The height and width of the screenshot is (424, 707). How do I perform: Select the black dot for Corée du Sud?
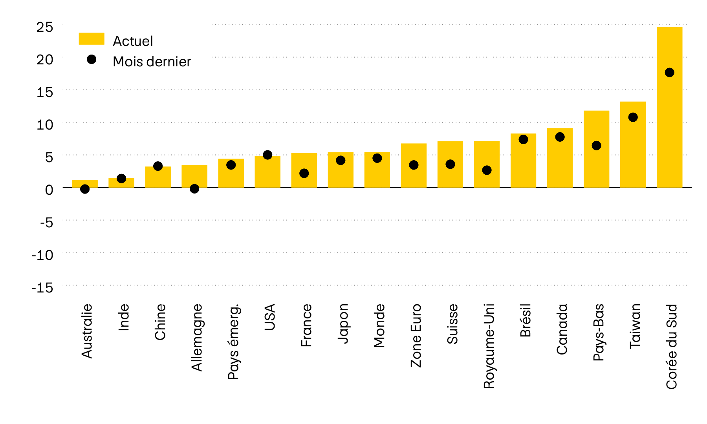[x=669, y=73]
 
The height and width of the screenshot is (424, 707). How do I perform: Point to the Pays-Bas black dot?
[x=596, y=146]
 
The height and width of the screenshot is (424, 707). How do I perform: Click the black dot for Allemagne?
[x=194, y=189]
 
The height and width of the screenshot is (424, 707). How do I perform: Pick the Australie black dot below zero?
[x=85, y=189]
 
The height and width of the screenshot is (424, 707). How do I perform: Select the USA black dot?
[x=267, y=155]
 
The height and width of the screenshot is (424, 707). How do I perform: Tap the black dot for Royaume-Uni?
[x=487, y=170]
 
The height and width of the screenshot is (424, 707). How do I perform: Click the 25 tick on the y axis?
[x=44, y=27]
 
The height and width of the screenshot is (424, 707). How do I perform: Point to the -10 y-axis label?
[x=42, y=255]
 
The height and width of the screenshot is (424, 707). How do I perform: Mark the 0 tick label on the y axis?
[x=49, y=190]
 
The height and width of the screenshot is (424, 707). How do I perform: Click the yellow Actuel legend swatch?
[x=92, y=39]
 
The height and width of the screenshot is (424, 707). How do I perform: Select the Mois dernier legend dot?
[x=92, y=60]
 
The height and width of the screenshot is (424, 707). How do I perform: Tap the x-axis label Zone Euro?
[x=416, y=335]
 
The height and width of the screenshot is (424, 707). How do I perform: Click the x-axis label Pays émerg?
[x=233, y=342]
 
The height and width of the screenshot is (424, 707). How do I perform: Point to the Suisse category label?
[x=452, y=324]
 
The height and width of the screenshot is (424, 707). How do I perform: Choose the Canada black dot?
[x=560, y=137]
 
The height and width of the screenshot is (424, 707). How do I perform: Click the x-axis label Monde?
[x=379, y=325]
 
